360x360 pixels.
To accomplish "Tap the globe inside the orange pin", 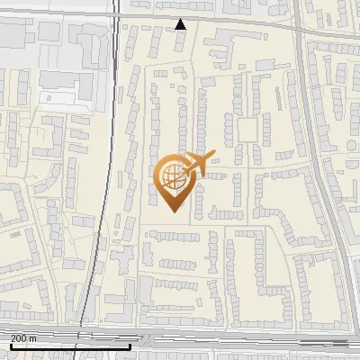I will [x=171, y=177].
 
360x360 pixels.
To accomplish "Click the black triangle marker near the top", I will [x=181, y=24].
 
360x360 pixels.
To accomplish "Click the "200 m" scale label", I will [x=24, y=338].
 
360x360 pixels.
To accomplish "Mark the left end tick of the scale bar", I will [x=10, y=345].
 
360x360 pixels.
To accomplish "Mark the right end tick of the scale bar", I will [x=130, y=345].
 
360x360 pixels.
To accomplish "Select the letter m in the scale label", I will [x=34, y=338].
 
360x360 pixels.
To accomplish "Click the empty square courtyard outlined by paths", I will [x=247, y=130].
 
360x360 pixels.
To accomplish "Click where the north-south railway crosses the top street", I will [x=117, y=16].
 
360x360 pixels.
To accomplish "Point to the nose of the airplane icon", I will [x=213, y=156].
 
